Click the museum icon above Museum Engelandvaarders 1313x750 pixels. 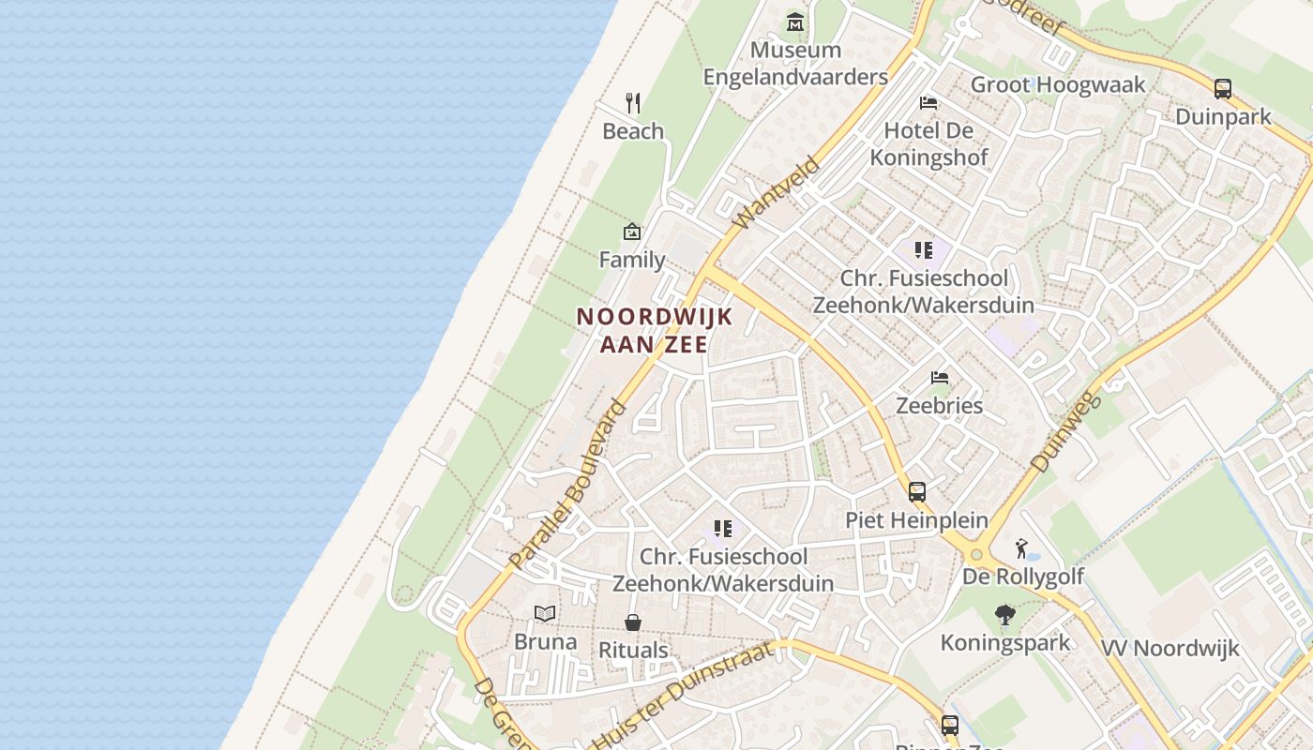tap(795, 22)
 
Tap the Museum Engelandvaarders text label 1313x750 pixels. tap(795, 63)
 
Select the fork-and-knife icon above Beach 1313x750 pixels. tap(633, 103)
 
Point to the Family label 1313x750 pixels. tap(632, 260)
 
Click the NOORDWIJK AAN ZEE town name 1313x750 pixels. tap(654, 330)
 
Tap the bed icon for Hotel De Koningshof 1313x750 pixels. tap(928, 103)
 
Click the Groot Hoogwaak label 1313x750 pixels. tap(1058, 85)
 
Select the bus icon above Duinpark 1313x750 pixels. tap(1223, 89)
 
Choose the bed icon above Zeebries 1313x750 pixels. tap(940, 378)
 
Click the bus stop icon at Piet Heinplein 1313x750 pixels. tap(916, 491)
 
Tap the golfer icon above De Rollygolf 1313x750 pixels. tap(1022, 548)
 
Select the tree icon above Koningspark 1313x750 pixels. tap(1005, 615)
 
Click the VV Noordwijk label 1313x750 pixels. tap(1170, 648)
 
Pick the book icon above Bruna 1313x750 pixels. tap(545, 614)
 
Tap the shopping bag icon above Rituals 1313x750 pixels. tap(633, 622)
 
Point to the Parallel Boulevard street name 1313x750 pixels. tap(568, 485)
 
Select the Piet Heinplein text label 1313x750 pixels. tap(916, 519)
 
